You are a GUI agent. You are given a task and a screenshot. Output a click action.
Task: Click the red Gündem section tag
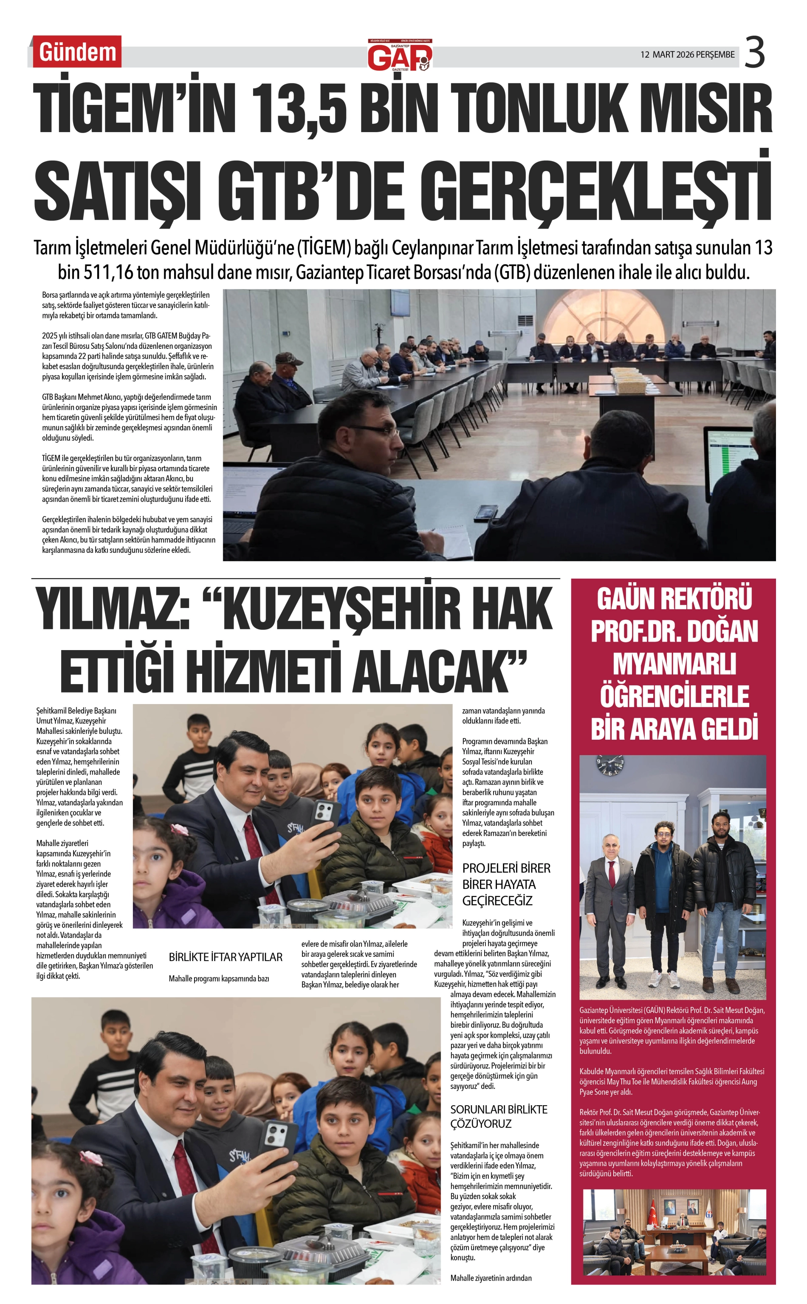[x=77, y=52]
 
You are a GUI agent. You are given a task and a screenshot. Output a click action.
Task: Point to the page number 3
[x=754, y=53]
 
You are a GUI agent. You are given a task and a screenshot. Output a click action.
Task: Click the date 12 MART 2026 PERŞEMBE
[x=688, y=55]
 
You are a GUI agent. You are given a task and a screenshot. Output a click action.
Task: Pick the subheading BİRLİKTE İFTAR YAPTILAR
[x=225, y=957]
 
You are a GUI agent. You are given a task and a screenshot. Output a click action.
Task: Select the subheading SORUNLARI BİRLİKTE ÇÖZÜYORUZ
[x=499, y=1116]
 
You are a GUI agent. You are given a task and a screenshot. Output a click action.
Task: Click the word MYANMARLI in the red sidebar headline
[x=674, y=664]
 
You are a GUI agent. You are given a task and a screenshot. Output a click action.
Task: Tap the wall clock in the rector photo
[x=609, y=765]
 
